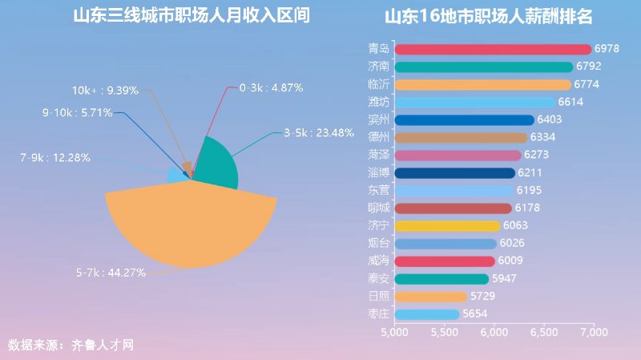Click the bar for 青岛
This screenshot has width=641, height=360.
[493, 50]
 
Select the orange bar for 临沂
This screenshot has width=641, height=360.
[483, 84]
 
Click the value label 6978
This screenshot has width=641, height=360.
[607, 50]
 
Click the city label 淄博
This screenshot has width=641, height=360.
[379, 172]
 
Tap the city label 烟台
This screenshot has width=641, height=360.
[379, 243]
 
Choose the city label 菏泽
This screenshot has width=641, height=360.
[379, 155]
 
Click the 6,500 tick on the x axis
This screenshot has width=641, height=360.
[544, 332]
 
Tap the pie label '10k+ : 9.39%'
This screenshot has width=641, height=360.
[105, 91]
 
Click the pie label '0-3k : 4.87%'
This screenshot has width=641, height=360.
[271, 87]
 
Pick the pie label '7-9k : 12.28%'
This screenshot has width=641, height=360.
[55, 157]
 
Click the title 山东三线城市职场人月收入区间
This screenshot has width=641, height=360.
[191, 16]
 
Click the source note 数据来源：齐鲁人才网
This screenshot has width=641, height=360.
[71, 346]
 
